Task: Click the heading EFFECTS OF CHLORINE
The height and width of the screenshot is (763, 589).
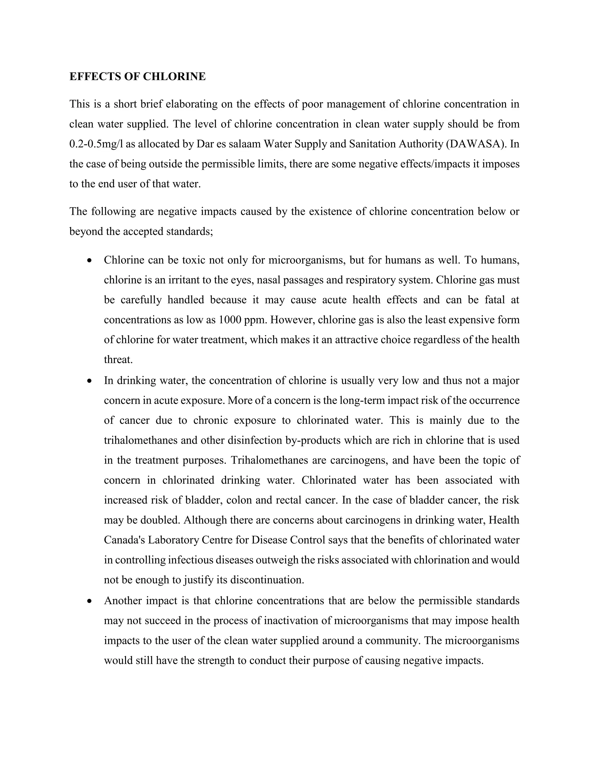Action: point(137,77)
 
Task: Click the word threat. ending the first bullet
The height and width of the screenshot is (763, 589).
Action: point(118,360)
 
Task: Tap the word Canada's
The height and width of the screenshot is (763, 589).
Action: point(124,540)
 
